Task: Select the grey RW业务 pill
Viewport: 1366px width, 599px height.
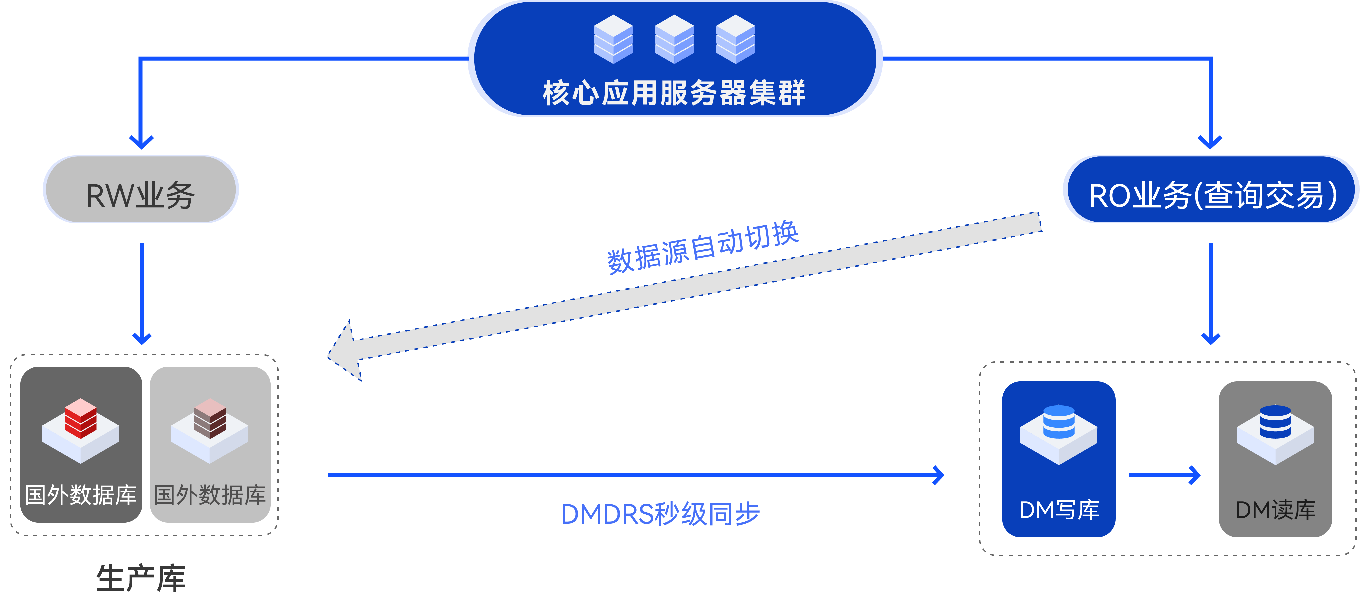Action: pos(140,190)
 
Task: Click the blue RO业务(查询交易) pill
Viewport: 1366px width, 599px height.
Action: pos(1211,190)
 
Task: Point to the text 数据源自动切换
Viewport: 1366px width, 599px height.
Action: pos(703,246)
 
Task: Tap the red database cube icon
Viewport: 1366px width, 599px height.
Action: pos(81,419)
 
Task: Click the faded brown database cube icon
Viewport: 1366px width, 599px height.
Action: pos(210,419)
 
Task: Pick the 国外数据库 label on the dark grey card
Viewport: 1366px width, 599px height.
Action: pos(81,495)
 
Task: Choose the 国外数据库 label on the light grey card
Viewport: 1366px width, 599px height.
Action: pos(210,495)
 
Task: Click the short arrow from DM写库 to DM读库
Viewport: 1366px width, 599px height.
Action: pos(1164,475)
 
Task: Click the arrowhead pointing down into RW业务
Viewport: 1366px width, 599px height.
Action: pos(141,142)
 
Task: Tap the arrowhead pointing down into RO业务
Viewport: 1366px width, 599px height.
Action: pos(1210,142)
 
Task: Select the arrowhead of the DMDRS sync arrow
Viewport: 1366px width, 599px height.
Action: pos(939,475)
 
